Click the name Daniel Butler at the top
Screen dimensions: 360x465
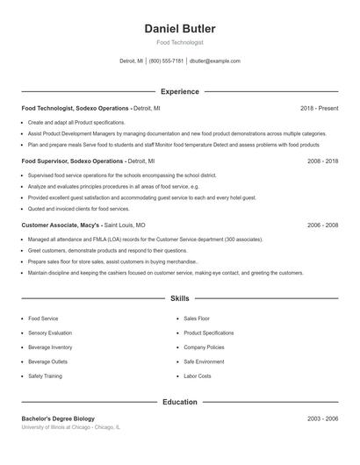[x=179, y=28]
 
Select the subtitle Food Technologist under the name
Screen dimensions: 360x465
[x=179, y=42]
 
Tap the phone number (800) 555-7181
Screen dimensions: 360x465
[x=166, y=61]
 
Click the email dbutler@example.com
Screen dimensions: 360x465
[x=215, y=61]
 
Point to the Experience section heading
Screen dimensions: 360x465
[x=179, y=91]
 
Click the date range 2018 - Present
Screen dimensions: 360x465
[x=319, y=108]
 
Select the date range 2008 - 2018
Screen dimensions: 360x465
[x=322, y=161]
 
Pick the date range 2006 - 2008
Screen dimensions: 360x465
[x=322, y=225]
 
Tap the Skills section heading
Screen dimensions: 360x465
[x=179, y=298]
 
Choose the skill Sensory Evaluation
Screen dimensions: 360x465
[x=50, y=333]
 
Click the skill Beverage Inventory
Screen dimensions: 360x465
[x=50, y=347]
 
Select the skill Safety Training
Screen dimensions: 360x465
[x=46, y=376]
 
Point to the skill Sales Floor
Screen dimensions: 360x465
[x=197, y=319]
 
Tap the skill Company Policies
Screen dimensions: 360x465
[x=204, y=347]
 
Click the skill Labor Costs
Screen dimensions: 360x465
[x=198, y=376]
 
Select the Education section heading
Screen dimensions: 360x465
[x=179, y=402]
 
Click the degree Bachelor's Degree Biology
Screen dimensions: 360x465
[x=58, y=418]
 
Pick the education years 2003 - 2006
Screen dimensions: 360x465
[x=322, y=418]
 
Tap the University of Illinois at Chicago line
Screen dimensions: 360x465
[x=70, y=427]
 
